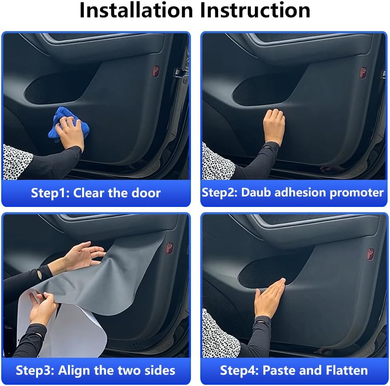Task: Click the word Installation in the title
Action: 136,10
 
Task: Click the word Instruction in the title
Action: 255,10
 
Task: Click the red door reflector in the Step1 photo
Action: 156,71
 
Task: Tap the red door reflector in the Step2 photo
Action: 363,73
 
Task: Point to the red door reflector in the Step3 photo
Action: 170,248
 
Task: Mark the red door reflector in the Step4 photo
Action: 371,254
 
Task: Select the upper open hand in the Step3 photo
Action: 82,256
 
